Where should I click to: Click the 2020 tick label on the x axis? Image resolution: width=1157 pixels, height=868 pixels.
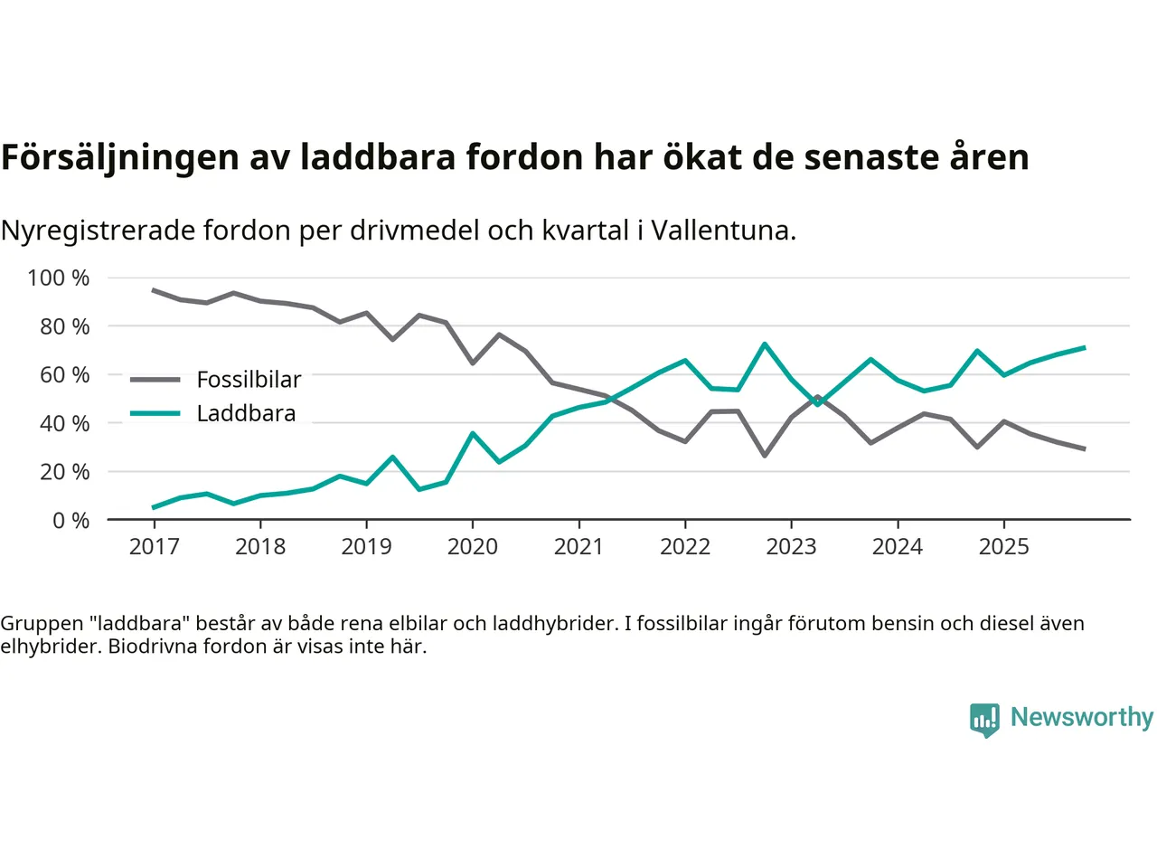472,546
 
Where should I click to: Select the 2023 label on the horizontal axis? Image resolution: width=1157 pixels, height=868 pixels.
791,546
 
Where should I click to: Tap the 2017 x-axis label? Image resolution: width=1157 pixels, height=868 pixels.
154,546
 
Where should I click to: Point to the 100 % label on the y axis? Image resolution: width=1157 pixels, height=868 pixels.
59,278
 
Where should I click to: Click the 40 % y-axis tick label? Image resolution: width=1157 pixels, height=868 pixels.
65,423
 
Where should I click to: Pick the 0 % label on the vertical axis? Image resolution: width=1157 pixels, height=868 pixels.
71,520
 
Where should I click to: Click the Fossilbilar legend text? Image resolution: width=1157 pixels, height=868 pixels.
249,380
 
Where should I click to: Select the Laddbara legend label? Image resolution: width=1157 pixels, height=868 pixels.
246,413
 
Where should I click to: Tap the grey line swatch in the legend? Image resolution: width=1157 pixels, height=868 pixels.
155,380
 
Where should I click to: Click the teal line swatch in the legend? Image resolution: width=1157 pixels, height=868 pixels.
155,413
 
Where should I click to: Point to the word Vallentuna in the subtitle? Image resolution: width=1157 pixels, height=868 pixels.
722,231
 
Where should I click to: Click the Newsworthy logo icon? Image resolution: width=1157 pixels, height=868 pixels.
984,720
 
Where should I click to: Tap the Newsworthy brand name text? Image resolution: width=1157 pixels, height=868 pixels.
1081,717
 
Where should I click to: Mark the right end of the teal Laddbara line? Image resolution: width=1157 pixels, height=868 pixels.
1084,347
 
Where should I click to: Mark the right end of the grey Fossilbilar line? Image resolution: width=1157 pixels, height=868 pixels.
1084,448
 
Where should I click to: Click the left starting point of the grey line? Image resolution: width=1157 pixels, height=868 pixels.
154,290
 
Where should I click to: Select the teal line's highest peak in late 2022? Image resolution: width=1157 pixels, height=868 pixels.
765,344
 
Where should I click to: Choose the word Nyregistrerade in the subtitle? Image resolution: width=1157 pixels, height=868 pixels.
98,231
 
